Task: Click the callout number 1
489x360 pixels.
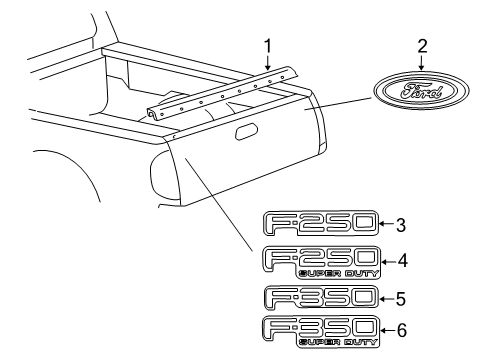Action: click(x=267, y=45)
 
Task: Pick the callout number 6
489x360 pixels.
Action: click(x=401, y=331)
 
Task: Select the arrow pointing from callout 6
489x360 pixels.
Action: click(x=386, y=331)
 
